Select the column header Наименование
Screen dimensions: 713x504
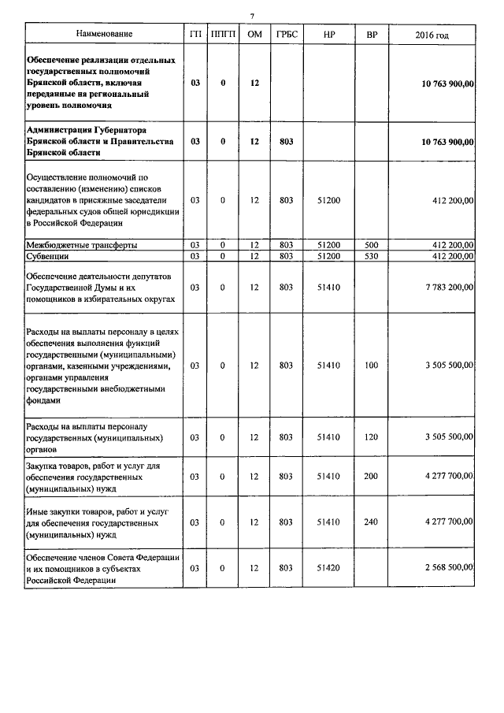tap(104, 35)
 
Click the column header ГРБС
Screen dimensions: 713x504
tap(286, 35)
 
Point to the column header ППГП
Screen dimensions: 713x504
tap(223, 35)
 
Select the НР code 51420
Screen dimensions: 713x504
tap(328, 567)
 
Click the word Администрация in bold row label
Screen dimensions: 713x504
tap(58, 129)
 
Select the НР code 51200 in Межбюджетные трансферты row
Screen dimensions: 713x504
tap(328, 245)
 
